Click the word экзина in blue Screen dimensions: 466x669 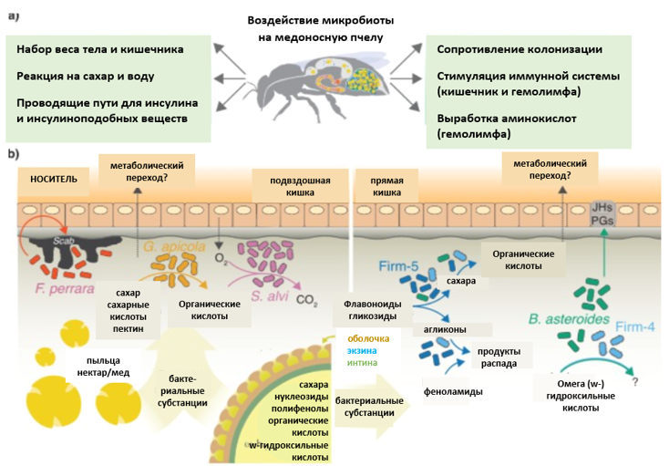pos(365,351)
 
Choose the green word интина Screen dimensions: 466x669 pos(365,364)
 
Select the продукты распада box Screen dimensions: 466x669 pos(499,356)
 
